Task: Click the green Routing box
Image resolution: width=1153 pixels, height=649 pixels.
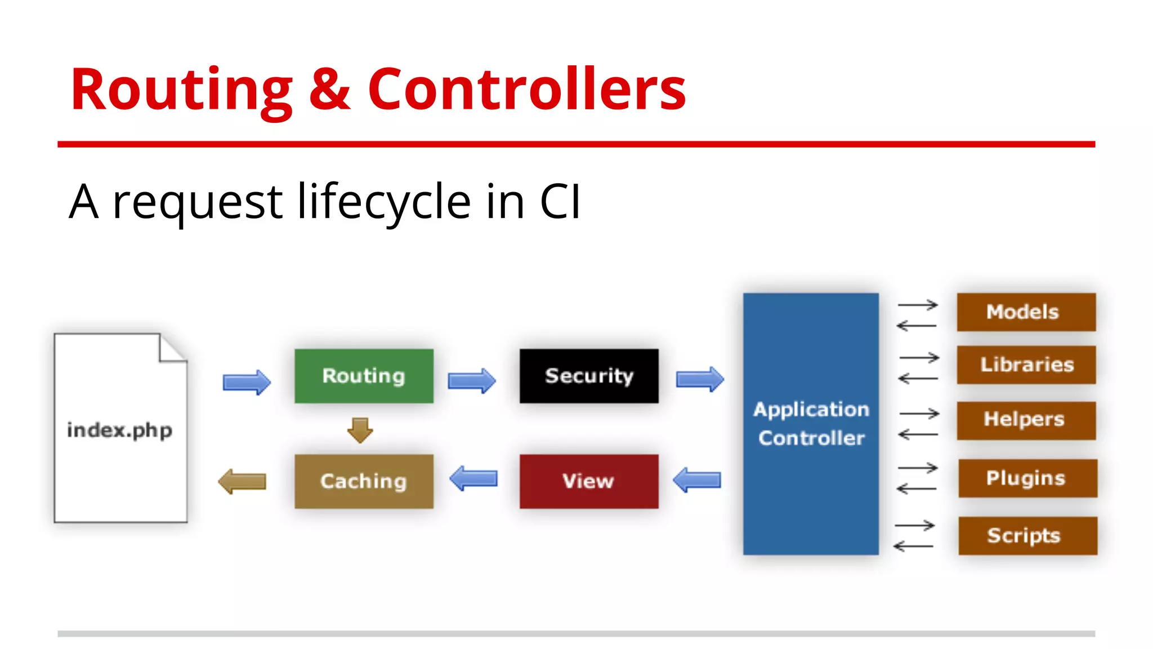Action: tap(364, 376)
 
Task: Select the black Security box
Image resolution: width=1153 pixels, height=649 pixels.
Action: tap(589, 376)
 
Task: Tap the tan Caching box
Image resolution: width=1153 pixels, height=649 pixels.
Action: tap(364, 481)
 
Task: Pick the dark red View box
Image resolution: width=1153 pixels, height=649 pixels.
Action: tap(589, 481)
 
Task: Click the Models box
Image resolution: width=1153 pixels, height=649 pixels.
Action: tap(1026, 312)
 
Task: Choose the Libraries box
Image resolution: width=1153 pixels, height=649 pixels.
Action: tap(1026, 364)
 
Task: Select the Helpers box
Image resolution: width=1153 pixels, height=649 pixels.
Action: tap(1026, 420)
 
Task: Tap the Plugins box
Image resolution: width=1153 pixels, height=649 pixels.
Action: tap(1027, 478)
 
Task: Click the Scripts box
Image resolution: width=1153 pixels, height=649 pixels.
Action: tap(1027, 535)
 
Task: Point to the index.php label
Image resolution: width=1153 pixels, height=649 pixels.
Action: tap(119, 430)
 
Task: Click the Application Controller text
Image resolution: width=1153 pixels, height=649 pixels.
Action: tap(811, 424)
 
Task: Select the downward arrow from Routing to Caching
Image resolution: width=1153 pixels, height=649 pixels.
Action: tap(360, 430)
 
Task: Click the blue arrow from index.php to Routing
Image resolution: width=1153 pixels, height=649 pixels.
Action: tap(247, 383)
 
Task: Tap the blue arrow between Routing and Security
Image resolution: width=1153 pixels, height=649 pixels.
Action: tap(472, 381)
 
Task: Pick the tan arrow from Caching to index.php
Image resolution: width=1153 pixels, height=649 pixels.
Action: tap(242, 481)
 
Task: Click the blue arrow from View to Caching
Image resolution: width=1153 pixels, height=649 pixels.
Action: tap(473, 479)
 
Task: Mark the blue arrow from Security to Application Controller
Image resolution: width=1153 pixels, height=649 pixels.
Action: tap(700, 379)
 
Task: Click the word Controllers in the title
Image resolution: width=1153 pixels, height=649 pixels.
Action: tap(526, 90)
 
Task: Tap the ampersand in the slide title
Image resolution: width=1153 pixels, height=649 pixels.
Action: tap(330, 90)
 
